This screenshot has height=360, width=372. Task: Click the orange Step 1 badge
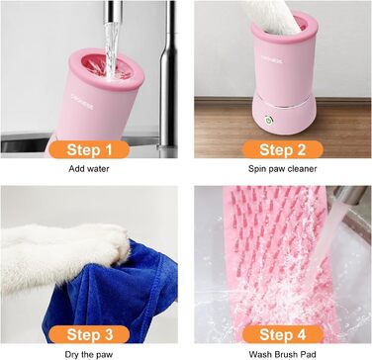coord(89,149)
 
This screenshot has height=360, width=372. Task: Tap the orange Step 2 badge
coord(283,149)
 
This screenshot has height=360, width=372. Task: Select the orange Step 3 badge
coord(89,334)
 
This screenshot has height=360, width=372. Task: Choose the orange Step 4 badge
coord(283,334)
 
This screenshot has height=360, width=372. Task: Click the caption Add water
coord(89,169)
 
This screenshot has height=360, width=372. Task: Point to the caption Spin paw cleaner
coord(282,169)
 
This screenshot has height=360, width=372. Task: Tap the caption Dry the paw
coord(89,355)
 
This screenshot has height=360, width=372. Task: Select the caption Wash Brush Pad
coord(282,355)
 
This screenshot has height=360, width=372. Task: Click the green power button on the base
coord(270,120)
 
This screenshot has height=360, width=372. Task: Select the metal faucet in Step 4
coord(349,197)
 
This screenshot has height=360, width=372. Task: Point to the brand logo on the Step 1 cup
coord(82,101)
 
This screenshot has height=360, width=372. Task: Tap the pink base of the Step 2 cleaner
coord(284,115)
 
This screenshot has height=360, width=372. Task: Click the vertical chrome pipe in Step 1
coord(168,74)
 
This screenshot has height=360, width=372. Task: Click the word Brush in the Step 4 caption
coord(283,355)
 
